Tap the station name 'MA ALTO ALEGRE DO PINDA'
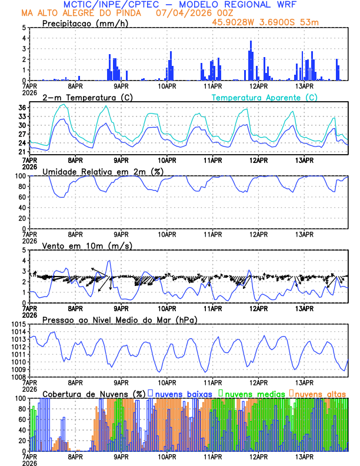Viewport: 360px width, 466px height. coord(85,13)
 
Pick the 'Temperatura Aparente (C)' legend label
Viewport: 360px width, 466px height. coord(264,97)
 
